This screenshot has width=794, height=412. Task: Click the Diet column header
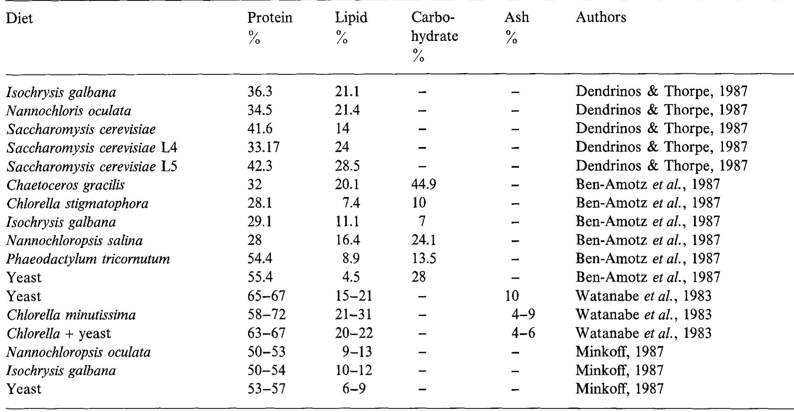19,19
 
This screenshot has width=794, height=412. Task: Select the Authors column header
601,17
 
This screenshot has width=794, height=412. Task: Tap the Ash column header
516,17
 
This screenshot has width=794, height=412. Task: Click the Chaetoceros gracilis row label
66,185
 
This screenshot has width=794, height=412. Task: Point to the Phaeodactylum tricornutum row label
88,259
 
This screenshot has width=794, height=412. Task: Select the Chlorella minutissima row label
71,315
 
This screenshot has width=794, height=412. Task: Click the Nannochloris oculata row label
69,111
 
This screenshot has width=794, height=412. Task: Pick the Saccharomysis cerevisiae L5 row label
92,166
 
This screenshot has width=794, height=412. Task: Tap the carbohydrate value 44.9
423,185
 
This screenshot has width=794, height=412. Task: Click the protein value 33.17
263,147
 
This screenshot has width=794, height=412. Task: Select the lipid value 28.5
347,166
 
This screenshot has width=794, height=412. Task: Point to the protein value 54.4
260,259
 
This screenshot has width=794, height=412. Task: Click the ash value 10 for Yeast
511,296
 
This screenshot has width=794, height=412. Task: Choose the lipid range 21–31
353,315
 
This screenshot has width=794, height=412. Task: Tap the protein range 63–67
266,333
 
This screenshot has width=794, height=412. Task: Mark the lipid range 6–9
354,389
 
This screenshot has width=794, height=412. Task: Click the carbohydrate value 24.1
423,240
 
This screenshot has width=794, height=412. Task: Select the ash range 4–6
523,333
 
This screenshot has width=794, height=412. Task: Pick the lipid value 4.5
351,277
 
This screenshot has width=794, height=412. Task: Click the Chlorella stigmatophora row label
78,204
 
